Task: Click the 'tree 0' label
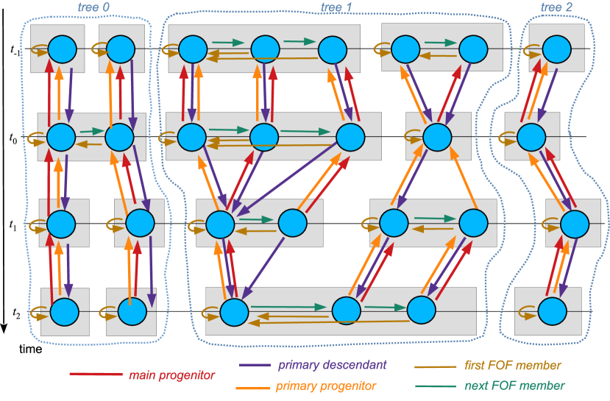click(93, 7)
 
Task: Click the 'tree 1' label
click(336, 7)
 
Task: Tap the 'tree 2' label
click(556, 7)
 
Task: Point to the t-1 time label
click(15, 50)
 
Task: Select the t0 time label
click(13, 138)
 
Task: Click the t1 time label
click(13, 225)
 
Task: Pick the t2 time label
click(16, 313)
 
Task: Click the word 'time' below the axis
click(31, 349)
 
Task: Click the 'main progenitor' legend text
click(171, 375)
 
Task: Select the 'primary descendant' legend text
click(332, 365)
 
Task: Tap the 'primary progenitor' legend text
click(326, 386)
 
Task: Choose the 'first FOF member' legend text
click(512, 365)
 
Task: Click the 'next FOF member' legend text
click(514, 386)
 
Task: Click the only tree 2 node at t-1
click(557, 49)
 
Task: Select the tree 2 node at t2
click(553, 311)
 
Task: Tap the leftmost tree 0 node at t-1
click(63, 49)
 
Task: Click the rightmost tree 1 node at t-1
click(473, 49)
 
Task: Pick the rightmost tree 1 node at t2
click(422, 310)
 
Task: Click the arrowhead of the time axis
click(4, 329)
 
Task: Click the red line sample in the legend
click(96, 375)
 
